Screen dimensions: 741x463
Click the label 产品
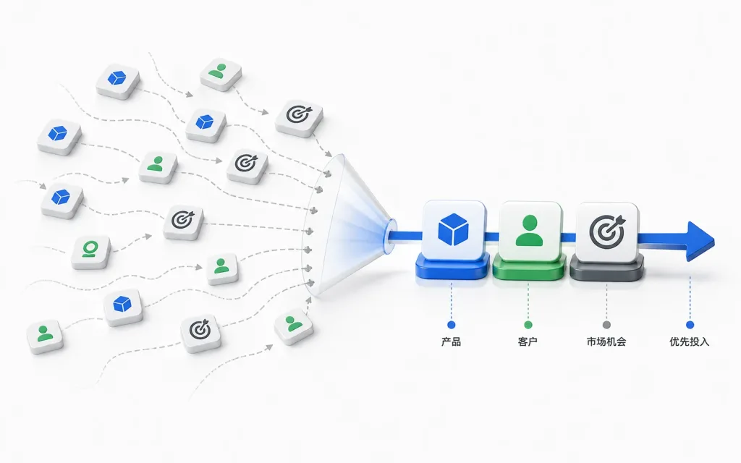(451, 341)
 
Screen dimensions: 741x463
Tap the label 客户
(528, 341)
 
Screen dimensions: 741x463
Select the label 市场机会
(606, 341)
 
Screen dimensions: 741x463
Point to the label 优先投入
(690, 341)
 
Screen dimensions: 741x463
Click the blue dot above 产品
(452, 325)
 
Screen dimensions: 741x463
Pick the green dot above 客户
(528, 325)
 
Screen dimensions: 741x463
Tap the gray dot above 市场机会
(607, 325)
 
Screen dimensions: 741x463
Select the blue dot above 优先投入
(690, 325)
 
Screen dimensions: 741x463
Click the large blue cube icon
(453, 229)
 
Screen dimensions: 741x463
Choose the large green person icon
(530, 231)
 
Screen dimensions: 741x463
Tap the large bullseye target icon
(607, 231)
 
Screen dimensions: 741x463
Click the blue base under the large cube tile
(453, 268)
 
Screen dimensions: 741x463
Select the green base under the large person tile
(529, 269)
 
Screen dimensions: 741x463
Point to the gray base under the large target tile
(607, 270)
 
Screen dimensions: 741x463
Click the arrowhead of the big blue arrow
(700, 241)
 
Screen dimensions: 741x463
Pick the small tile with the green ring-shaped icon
(90, 252)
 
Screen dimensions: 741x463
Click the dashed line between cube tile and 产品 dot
(452, 301)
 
